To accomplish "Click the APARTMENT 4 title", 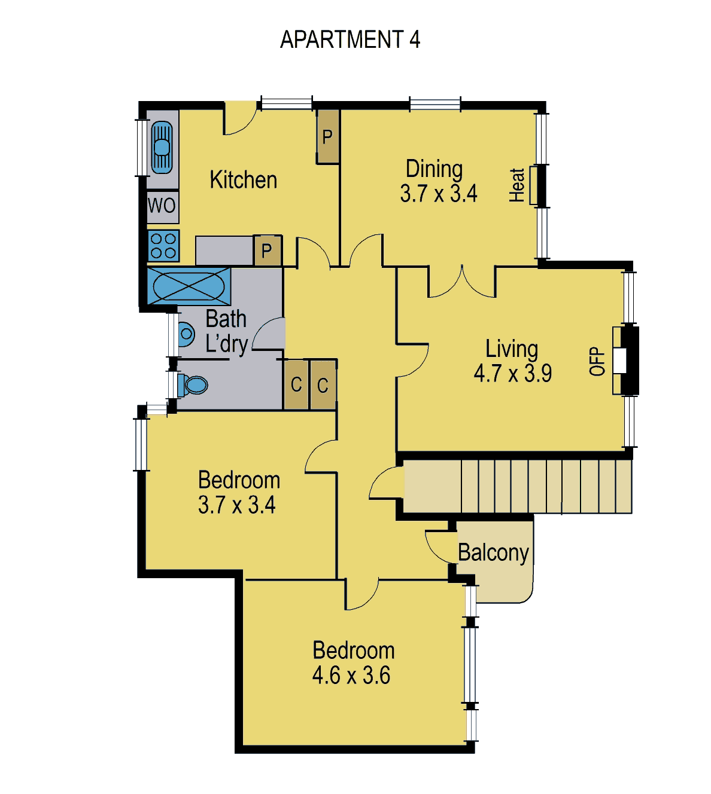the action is pyautogui.click(x=350, y=39).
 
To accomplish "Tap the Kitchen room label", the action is pyautogui.click(x=243, y=180).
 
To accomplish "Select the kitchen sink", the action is pyautogui.click(x=162, y=147).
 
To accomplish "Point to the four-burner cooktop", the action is pyautogui.click(x=163, y=246).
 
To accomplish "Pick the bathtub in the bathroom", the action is pyautogui.click(x=189, y=286).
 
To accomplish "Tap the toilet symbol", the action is pyautogui.click(x=193, y=385).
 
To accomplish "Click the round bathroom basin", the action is pyautogui.click(x=186, y=334).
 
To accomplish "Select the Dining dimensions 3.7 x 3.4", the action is pyautogui.click(x=438, y=194).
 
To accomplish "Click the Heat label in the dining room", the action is pyautogui.click(x=516, y=185).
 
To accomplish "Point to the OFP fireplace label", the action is pyautogui.click(x=597, y=361).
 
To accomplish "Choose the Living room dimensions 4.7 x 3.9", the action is pyautogui.click(x=512, y=373).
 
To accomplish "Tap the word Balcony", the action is pyautogui.click(x=493, y=553).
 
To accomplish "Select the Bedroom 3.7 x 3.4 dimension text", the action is pyautogui.click(x=236, y=505).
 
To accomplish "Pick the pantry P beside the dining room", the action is pyautogui.click(x=327, y=136).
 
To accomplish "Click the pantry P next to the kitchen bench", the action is pyautogui.click(x=267, y=250).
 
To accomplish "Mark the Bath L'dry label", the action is pyautogui.click(x=226, y=331).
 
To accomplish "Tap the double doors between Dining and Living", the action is pyautogui.click(x=462, y=281).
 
